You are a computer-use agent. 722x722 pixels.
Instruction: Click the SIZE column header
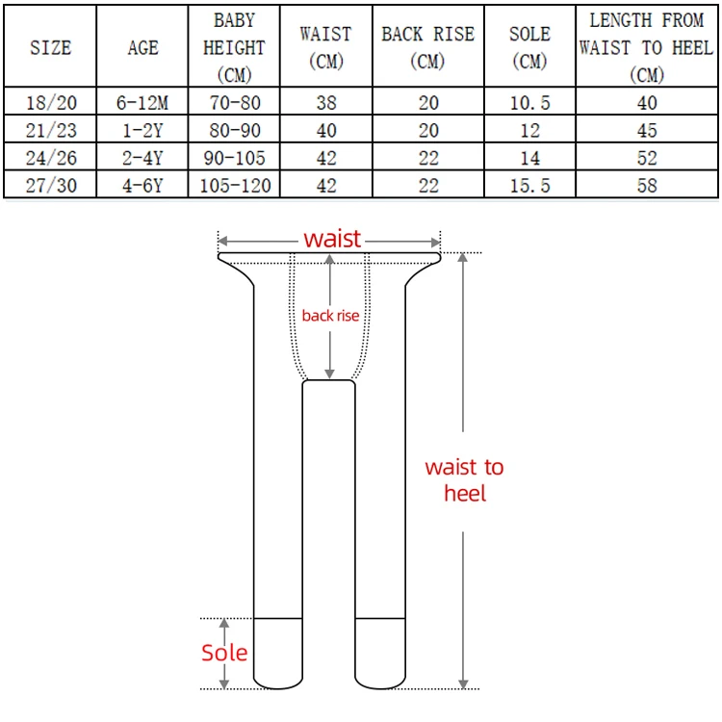pyautogui.click(x=51, y=48)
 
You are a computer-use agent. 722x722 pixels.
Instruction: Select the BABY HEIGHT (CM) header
pyautogui.click(x=234, y=48)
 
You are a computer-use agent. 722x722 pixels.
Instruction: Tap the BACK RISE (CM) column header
pyautogui.click(x=427, y=48)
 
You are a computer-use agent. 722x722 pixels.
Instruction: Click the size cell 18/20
pyautogui.click(x=51, y=103)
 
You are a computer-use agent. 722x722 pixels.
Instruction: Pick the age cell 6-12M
pyautogui.click(x=142, y=103)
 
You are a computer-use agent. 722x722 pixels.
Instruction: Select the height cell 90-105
pyautogui.click(x=234, y=158)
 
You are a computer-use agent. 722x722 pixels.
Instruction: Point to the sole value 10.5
pyautogui.click(x=530, y=103)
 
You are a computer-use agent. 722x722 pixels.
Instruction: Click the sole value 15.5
pyautogui.click(x=530, y=186)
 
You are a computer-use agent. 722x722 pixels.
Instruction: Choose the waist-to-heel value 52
pyautogui.click(x=647, y=158)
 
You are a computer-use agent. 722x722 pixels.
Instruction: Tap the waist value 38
pyautogui.click(x=326, y=103)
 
